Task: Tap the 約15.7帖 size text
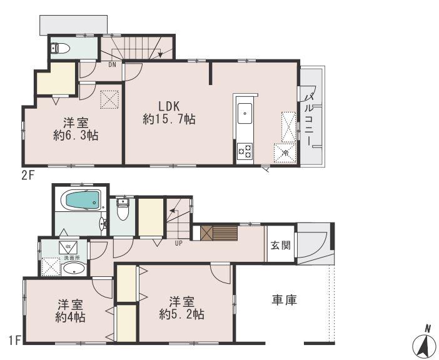point(169,119)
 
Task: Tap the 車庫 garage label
point(283,301)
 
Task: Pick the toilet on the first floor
point(123,211)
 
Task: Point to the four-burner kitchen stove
point(244,151)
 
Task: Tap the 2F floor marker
point(28,175)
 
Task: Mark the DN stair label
point(112,64)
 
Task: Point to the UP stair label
point(178,243)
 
